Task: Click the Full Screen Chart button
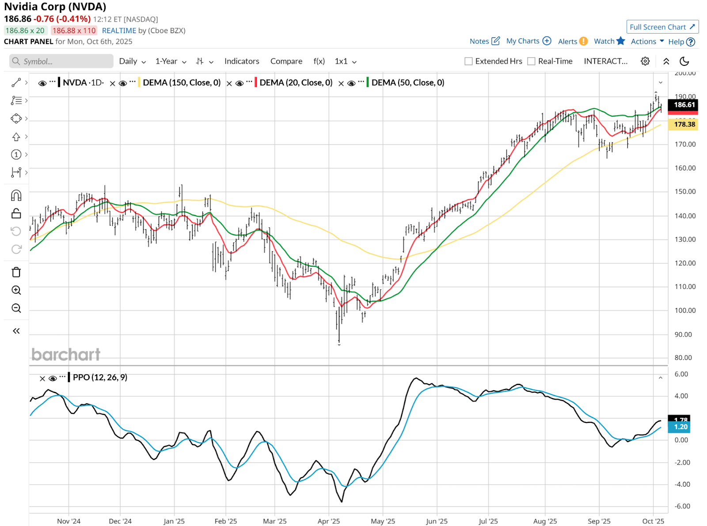662,27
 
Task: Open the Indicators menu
242,61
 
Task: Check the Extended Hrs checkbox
469,61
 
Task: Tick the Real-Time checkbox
532,61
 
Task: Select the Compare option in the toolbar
286,61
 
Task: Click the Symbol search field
62,61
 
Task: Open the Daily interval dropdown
132,61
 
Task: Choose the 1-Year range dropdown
171,61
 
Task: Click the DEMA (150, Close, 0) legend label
182,83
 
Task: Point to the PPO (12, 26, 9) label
100,378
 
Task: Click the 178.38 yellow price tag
684,125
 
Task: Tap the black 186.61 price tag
684,105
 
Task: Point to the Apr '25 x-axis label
329,521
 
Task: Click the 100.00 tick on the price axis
685,310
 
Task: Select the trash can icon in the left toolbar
16,272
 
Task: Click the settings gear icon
645,61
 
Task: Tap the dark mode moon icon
684,61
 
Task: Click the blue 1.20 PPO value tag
680,427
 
